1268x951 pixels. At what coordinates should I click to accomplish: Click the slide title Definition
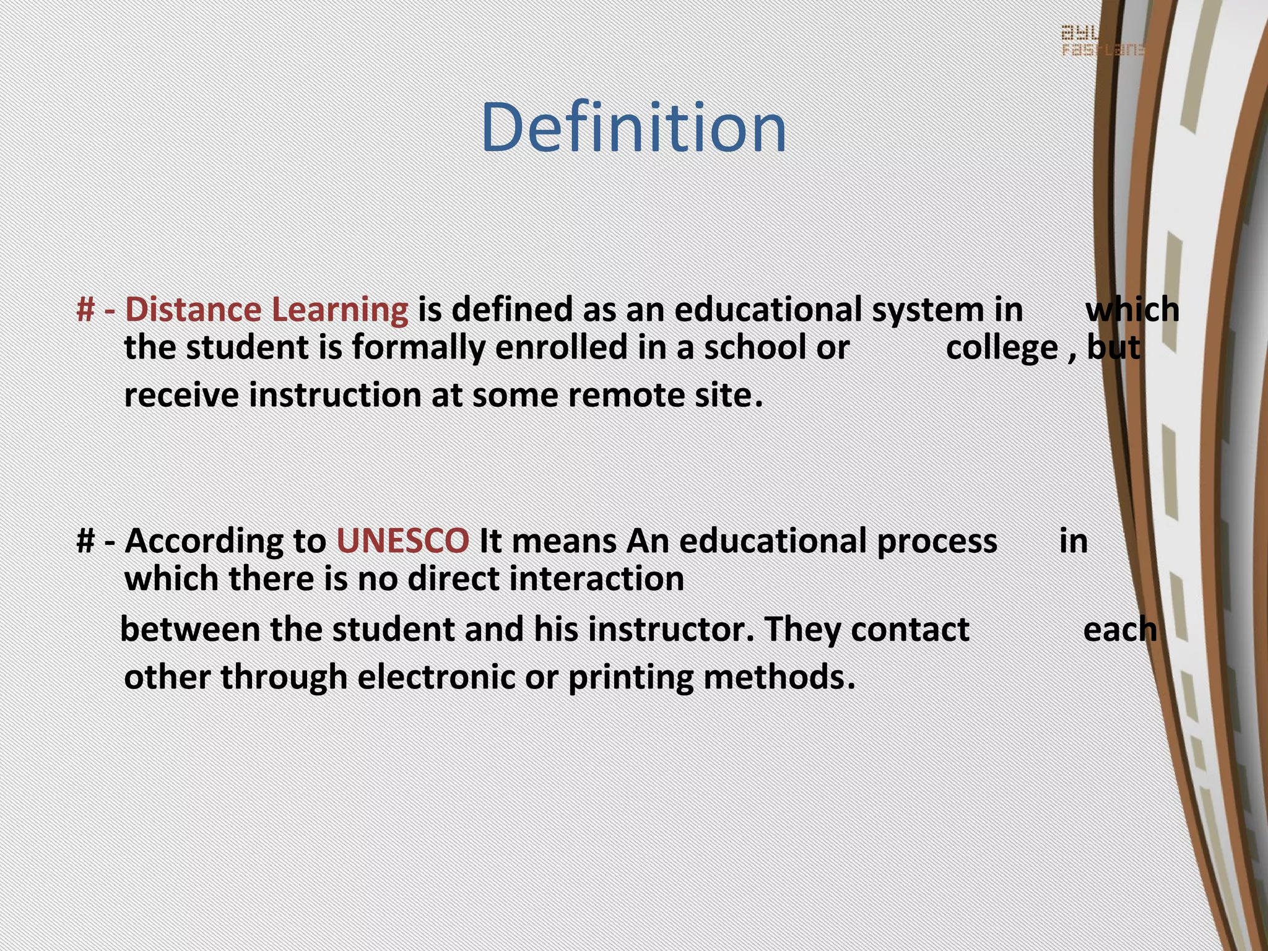633,128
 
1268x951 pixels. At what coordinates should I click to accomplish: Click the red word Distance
193,309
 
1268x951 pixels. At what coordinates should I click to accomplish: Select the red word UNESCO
402,541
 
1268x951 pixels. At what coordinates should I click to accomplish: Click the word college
1001,348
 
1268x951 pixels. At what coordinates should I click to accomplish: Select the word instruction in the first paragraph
335,395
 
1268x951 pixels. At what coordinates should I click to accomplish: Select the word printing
630,677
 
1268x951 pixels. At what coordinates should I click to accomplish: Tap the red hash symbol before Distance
85,309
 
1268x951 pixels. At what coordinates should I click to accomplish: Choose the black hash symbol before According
85,541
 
